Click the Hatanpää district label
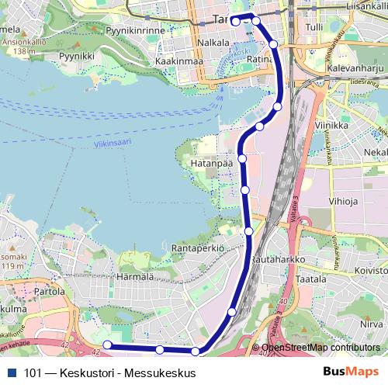point(210,165)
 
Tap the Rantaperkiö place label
point(198,248)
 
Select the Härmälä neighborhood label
point(134,276)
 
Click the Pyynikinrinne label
point(136,31)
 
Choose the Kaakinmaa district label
point(178,61)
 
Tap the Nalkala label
point(213,42)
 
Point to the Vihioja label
point(343,202)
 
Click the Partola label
point(50,292)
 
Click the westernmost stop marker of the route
point(108,345)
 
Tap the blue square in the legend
point(11,372)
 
